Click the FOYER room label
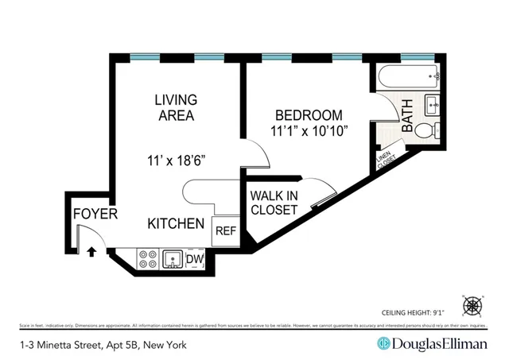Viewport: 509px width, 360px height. tap(95, 215)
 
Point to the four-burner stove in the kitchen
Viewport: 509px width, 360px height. tap(148, 258)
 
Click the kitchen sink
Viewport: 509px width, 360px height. tap(172, 258)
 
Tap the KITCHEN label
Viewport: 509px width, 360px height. tap(176, 224)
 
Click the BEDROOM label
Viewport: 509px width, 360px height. tap(309, 114)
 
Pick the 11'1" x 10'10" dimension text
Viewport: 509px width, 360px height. tap(309, 130)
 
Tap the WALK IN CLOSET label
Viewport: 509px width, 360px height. tap(274, 203)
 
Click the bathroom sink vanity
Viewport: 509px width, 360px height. tap(433, 103)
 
